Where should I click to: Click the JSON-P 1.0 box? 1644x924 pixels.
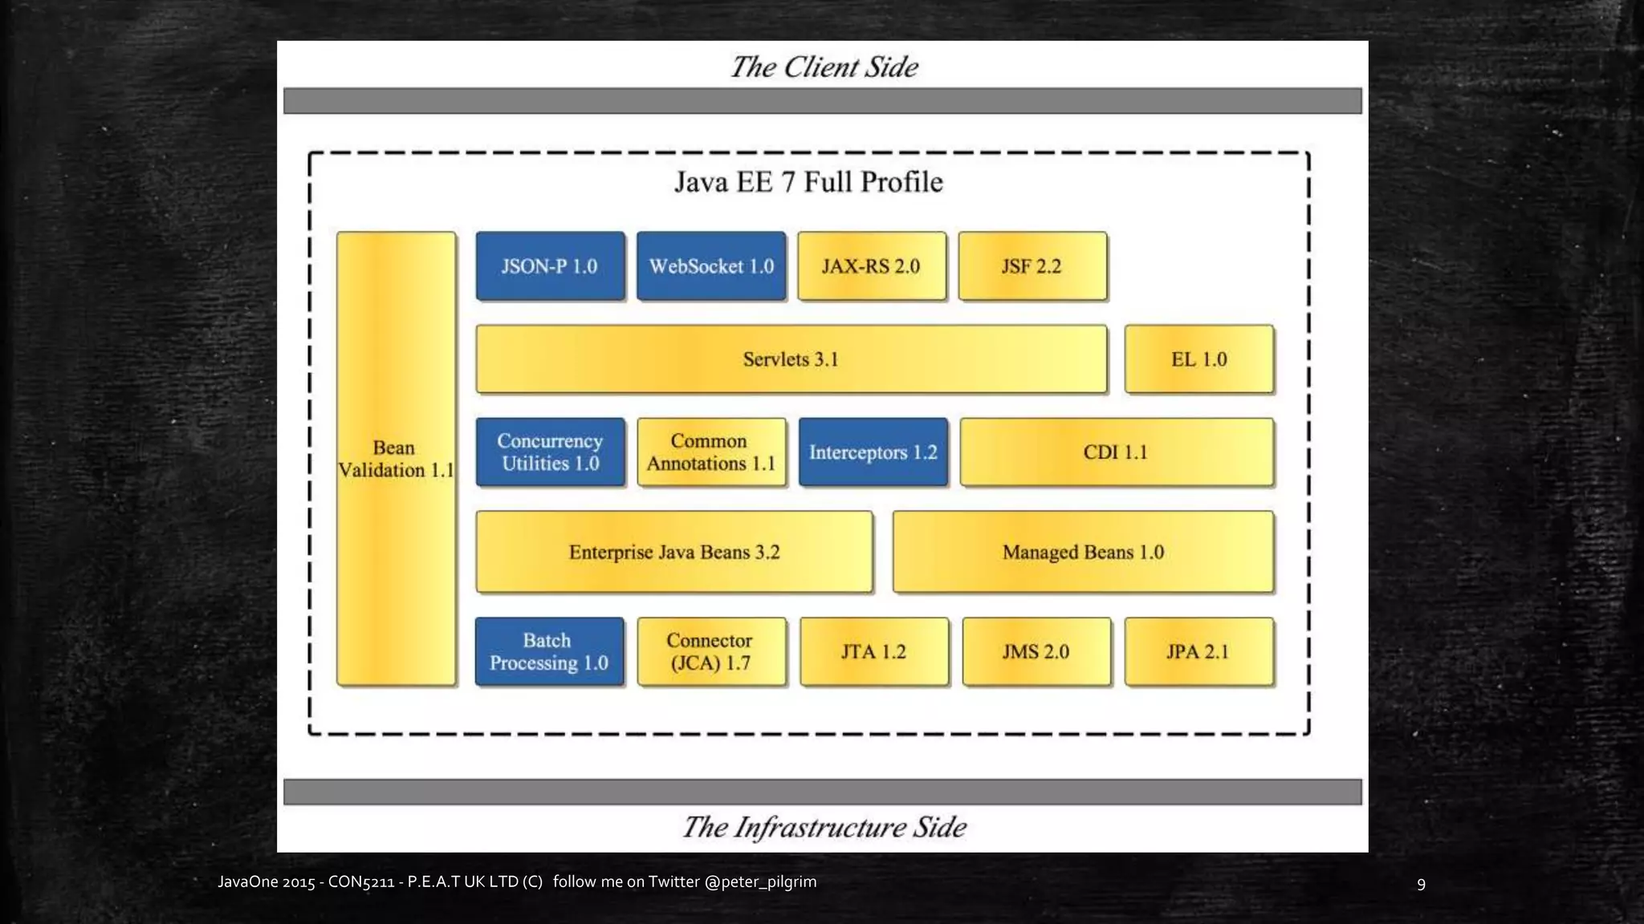(x=550, y=266)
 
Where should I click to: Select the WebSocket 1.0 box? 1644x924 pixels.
(x=711, y=266)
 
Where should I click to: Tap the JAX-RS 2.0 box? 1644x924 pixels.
(x=872, y=266)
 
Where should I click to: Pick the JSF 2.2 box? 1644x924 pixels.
(x=1032, y=266)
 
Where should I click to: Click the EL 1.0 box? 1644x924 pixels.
(x=1198, y=359)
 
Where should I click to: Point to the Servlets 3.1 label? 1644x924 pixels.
(x=791, y=359)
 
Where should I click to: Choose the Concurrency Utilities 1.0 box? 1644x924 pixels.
(x=550, y=452)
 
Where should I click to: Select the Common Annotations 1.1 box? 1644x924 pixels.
(x=711, y=452)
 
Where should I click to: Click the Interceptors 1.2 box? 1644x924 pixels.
(x=873, y=452)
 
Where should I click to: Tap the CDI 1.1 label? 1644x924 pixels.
(x=1116, y=452)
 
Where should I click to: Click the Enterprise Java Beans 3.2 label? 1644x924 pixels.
(x=674, y=553)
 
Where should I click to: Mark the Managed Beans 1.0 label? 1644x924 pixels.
(x=1083, y=553)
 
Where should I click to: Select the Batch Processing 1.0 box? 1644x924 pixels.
(x=549, y=651)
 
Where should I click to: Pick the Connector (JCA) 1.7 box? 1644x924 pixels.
(x=711, y=651)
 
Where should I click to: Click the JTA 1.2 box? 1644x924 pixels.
(x=874, y=651)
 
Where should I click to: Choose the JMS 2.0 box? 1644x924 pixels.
(x=1036, y=651)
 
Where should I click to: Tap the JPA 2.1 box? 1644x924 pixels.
(x=1198, y=651)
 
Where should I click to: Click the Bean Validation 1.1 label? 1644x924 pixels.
(x=396, y=459)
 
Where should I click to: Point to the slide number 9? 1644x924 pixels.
(x=1421, y=884)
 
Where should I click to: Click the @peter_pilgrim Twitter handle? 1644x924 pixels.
(x=760, y=881)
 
